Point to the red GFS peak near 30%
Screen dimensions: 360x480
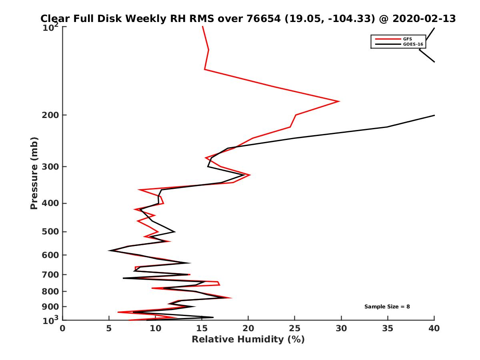[339, 101]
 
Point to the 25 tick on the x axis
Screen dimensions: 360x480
[295, 328]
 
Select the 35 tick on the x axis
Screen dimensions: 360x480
[388, 328]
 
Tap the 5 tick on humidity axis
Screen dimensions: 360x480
[109, 328]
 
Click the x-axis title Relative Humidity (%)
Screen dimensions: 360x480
[248, 340]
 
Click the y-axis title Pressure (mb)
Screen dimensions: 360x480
[34, 173]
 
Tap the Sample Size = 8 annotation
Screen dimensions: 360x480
[387, 307]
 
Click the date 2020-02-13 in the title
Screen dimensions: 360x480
[424, 19]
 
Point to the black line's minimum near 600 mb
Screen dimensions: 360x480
[109, 250]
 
